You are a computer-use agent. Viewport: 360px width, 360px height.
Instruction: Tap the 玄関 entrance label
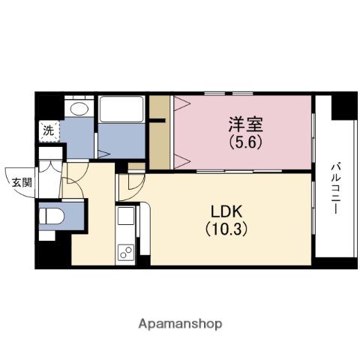pos(21,181)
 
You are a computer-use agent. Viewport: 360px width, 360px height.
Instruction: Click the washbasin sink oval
pos(76,108)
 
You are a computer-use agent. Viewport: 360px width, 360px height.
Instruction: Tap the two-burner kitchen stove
pos(124,252)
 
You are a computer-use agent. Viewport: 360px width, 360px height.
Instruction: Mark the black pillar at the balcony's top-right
pos(344,106)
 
